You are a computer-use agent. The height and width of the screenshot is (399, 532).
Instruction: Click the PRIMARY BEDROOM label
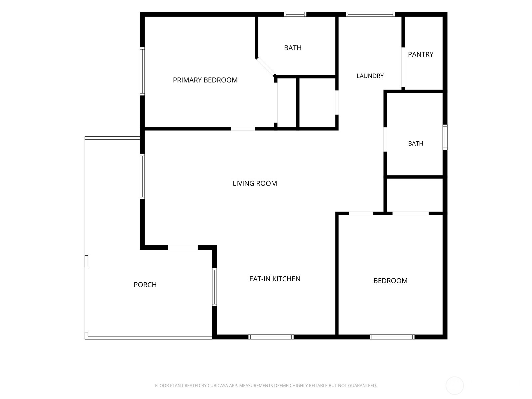click(x=205, y=80)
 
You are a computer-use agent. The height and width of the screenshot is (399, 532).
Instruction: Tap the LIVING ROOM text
click(x=255, y=184)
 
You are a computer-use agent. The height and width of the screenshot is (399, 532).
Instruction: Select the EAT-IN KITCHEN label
click(x=275, y=279)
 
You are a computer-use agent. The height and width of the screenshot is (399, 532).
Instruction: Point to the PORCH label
click(x=145, y=285)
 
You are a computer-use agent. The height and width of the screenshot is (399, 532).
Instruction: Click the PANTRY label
click(x=421, y=54)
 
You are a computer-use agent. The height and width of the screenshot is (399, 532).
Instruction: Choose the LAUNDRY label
click(x=370, y=76)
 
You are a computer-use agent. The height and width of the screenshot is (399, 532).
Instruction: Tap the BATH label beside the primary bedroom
click(x=293, y=48)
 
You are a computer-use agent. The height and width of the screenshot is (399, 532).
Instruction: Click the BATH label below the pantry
click(x=416, y=143)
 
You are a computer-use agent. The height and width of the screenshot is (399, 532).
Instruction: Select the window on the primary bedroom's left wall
click(x=143, y=71)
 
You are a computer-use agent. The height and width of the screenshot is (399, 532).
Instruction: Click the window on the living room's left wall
click(x=143, y=176)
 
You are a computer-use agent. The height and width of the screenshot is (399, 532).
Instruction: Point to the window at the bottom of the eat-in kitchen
click(x=271, y=337)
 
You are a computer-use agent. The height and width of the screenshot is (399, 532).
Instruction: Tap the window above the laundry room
click(x=370, y=14)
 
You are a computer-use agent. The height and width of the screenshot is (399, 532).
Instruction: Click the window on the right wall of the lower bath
click(x=445, y=137)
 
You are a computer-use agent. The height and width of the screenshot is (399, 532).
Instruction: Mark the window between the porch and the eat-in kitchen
click(x=214, y=287)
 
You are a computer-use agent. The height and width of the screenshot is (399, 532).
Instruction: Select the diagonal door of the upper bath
click(x=266, y=66)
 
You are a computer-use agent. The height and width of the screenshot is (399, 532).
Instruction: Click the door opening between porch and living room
click(x=183, y=247)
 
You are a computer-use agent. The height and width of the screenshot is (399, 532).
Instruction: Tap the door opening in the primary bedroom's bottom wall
click(x=243, y=129)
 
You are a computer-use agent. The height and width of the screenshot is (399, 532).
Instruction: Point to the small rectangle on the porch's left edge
click(x=86, y=261)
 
